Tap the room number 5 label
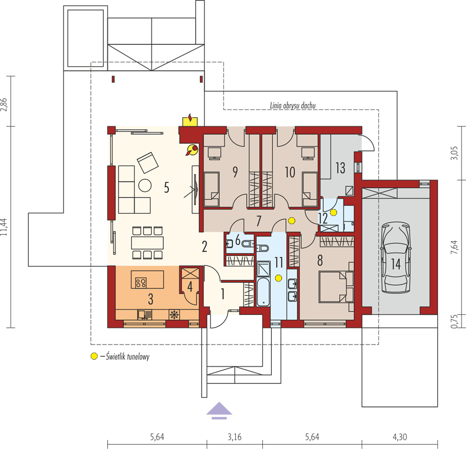167,187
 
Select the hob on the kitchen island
140,283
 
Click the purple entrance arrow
220,410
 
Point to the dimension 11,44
4,227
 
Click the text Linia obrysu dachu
293,106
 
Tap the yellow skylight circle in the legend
94,356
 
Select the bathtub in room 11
263,292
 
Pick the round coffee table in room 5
145,185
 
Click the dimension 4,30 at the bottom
400,437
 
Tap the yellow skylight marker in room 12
333,213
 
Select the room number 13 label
340,168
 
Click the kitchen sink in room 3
145,314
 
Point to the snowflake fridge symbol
174,315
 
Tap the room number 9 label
235,172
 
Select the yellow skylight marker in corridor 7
291,221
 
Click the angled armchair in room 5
148,163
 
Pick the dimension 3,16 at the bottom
235,437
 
